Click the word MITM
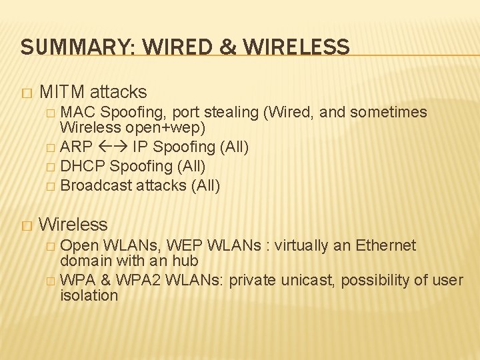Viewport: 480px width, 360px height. [61, 91]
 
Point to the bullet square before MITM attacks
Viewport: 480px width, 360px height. [26, 92]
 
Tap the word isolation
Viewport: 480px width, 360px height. [89, 295]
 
